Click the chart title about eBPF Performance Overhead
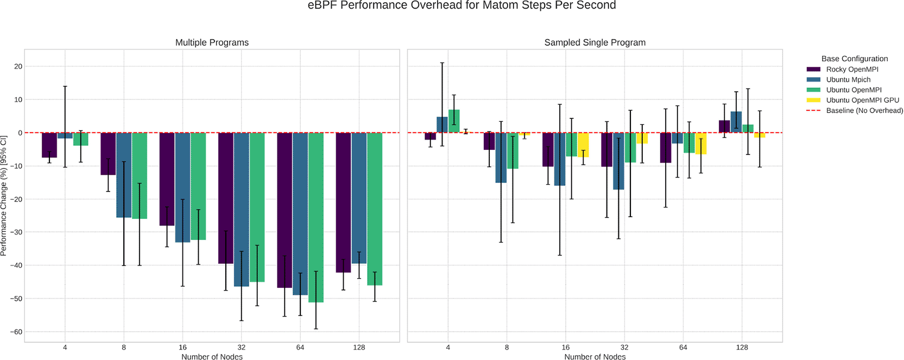[x=462, y=6]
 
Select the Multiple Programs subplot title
[x=212, y=42]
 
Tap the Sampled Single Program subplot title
[x=595, y=42]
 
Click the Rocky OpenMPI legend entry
[x=852, y=70]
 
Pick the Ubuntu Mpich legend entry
[x=848, y=80]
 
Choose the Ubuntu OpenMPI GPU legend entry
[x=862, y=100]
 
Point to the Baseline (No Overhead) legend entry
[x=864, y=111]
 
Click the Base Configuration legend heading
[x=854, y=59]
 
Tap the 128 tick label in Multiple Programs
[x=359, y=348]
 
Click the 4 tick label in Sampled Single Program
[x=448, y=348]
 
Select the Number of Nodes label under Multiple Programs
[x=212, y=357]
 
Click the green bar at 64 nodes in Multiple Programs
[x=316, y=217]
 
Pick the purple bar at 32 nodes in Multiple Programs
[x=226, y=198]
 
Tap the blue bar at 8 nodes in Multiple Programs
[x=124, y=175]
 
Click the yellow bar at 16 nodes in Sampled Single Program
[x=583, y=145]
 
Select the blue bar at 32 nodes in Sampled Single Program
[x=618, y=161]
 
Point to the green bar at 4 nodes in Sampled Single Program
[x=454, y=121]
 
